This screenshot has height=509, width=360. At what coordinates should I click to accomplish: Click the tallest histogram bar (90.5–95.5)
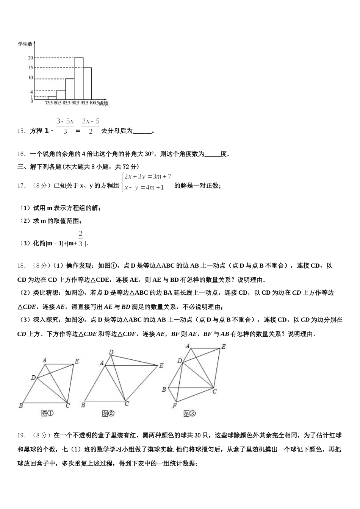[78, 78]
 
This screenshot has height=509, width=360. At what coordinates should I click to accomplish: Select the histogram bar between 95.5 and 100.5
[88, 83]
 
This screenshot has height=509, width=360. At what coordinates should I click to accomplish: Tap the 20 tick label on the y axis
[30, 58]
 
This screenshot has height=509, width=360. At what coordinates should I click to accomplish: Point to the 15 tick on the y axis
[30, 68]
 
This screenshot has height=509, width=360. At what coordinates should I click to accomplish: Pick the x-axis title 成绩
[104, 103]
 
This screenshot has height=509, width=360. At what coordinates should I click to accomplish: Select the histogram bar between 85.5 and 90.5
[70, 89]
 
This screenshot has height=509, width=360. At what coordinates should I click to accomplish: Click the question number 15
[21, 131]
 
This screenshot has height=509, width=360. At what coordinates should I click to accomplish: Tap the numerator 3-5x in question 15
[65, 121]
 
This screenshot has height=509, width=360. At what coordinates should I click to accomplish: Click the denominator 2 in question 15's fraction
[91, 131]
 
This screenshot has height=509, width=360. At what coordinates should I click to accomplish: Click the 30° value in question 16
[150, 154]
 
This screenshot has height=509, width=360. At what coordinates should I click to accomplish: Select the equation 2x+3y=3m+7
[148, 176]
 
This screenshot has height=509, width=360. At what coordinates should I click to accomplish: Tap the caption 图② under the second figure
[108, 414]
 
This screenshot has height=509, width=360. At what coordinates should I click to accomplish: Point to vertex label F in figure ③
[174, 406]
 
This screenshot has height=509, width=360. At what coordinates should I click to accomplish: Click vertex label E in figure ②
[161, 365]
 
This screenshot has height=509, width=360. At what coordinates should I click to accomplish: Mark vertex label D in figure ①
[33, 378]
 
